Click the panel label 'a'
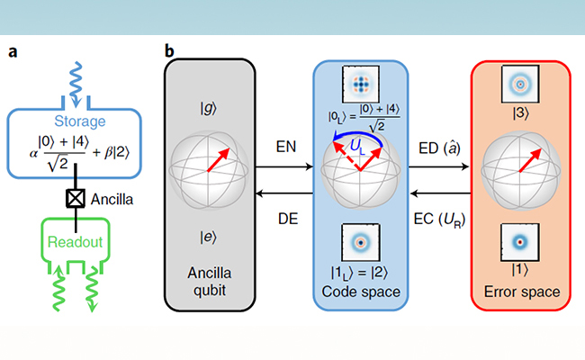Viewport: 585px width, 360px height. point(13,50)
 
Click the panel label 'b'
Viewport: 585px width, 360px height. point(169,50)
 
